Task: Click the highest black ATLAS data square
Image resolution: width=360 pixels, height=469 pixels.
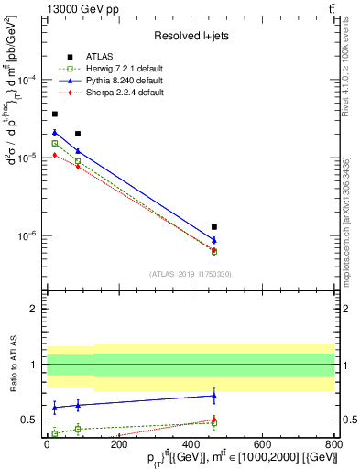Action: click(x=55, y=114)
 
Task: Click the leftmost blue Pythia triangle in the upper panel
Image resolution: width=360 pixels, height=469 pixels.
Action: click(x=55, y=133)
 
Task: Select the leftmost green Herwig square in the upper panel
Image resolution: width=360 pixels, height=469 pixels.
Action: click(x=55, y=143)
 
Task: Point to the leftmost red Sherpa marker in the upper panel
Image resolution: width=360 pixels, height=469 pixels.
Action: click(x=55, y=155)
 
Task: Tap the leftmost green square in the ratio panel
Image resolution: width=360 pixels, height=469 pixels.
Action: click(x=55, y=433)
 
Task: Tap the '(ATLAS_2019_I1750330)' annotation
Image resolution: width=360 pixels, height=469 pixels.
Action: click(x=190, y=274)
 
